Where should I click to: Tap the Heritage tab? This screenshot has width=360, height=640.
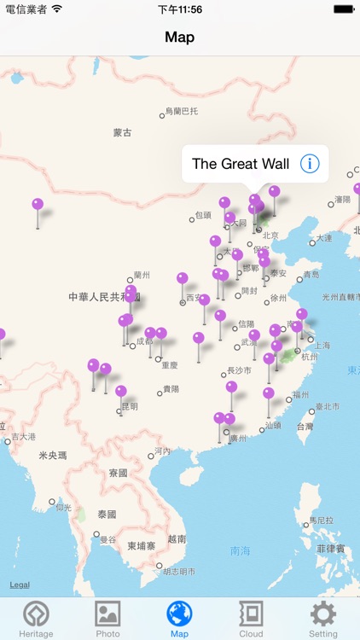[x=36, y=619]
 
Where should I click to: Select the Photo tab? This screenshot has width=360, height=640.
[x=107, y=619]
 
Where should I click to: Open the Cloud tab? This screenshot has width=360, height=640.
[x=251, y=619]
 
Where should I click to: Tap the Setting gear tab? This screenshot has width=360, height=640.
[x=323, y=619]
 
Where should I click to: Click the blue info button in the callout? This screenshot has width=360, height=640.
[x=310, y=164]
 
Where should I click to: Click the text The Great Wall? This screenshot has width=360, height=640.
[x=241, y=164]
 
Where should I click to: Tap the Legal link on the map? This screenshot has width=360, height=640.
[x=20, y=585]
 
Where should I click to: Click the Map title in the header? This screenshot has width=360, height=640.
[x=180, y=37]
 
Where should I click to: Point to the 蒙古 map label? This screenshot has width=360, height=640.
[x=123, y=133]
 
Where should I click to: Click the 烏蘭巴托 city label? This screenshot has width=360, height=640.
[x=181, y=111]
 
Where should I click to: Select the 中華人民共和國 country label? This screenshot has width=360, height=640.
[x=102, y=296]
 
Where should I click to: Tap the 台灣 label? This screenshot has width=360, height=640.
[x=305, y=426]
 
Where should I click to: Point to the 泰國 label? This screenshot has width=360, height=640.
[x=107, y=515]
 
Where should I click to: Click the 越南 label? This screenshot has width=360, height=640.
[x=177, y=538]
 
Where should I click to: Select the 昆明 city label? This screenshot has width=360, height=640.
[x=129, y=407]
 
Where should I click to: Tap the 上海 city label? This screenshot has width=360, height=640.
[x=322, y=345]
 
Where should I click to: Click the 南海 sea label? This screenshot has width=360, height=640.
[x=241, y=551]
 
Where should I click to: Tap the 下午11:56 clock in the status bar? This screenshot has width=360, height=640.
[x=180, y=9]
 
